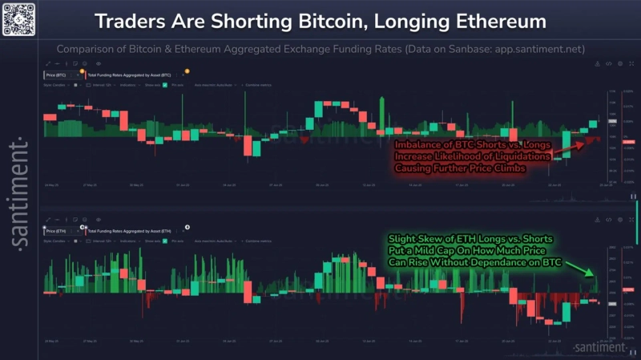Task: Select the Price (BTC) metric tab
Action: pyautogui.click(x=58, y=75)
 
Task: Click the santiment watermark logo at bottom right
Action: pyautogui.click(x=601, y=347)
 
